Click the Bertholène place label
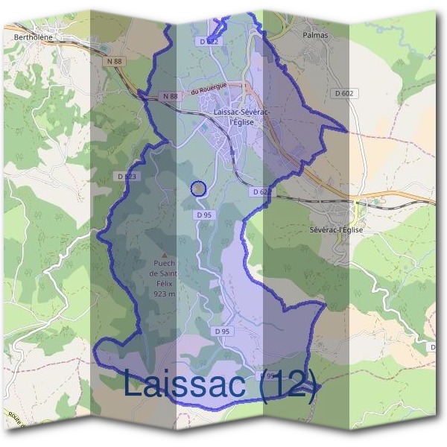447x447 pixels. pyautogui.click(x=31, y=35)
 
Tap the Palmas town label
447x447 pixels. pyautogui.click(x=316, y=34)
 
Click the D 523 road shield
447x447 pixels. pyautogui.click(x=127, y=176)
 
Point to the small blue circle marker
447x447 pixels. pyautogui.click(x=198, y=188)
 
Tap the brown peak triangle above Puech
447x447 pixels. pyautogui.click(x=165, y=255)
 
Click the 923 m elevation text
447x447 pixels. pyautogui.click(x=165, y=294)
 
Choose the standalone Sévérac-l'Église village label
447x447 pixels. pyautogui.click(x=336, y=230)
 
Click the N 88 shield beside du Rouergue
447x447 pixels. pyautogui.click(x=171, y=96)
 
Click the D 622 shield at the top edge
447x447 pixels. pyautogui.click(x=209, y=42)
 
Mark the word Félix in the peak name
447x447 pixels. pyautogui.click(x=165, y=284)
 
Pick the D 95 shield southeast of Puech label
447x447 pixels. pyautogui.click(x=221, y=331)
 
